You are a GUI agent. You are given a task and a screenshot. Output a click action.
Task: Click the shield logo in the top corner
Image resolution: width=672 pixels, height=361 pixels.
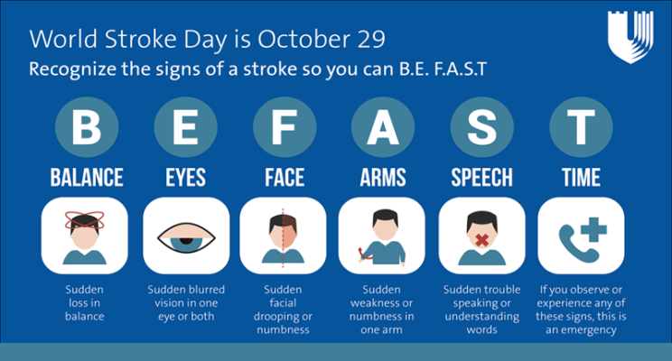[x=630, y=37]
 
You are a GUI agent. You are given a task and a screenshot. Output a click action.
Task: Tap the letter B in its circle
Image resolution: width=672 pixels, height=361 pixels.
[x=87, y=127]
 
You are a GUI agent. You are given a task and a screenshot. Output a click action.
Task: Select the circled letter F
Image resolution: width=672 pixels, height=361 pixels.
[x=285, y=127]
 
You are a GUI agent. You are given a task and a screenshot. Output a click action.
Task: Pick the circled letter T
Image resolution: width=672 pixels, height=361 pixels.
[x=581, y=127]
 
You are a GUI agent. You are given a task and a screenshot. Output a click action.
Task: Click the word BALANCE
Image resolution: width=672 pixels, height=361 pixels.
[x=87, y=177]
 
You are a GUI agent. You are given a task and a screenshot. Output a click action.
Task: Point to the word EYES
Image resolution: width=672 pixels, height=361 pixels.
[x=185, y=177]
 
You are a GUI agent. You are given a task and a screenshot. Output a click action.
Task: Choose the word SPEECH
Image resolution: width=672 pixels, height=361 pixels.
[x=481, y=177]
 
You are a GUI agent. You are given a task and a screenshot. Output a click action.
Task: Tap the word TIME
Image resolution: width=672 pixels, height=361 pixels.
[x=581, y=177]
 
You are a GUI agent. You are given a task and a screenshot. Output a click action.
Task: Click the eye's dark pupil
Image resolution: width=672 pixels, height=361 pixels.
[x=186, y=241]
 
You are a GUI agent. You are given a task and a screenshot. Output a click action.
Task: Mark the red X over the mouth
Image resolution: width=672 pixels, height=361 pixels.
[x=481, y=240]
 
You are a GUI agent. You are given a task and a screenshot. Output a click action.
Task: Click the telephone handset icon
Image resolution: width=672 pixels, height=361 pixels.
[x=576, y=245]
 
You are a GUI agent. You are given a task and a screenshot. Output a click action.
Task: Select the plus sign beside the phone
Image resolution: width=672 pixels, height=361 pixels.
[x=593, y=230]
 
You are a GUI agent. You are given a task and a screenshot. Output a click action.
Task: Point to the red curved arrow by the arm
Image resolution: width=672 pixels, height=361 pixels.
[x=361, y=254]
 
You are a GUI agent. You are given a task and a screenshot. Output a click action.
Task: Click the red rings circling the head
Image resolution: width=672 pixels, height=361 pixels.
[x=84, y=220]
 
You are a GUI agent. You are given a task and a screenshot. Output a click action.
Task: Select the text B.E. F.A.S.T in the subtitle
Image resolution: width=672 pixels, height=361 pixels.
[x=443, y=69]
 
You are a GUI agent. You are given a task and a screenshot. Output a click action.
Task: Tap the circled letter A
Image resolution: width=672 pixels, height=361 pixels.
[x=383, y=127]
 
